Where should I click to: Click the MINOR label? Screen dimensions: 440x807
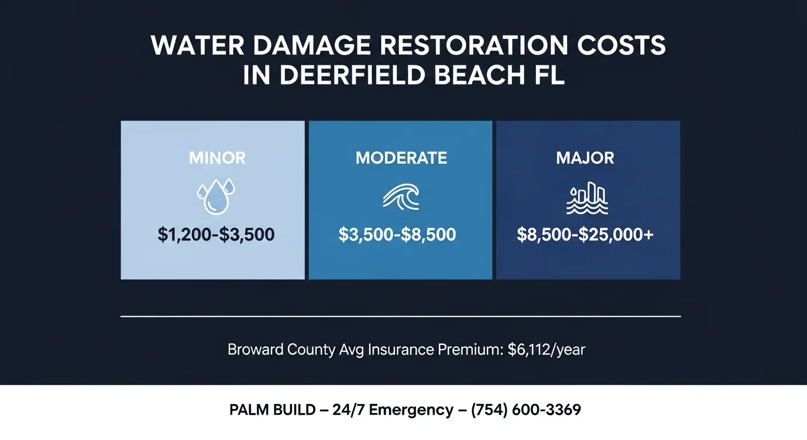[x=217, y=158]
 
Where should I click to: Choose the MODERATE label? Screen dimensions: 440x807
[x=401, y=158]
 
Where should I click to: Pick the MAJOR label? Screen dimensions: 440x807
[x=585, y=158]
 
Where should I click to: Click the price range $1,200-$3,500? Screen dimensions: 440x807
[x=216, y=234]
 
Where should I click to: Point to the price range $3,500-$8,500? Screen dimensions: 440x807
[x=397, y=234]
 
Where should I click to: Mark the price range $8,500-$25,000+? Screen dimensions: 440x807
[x=585, y=234]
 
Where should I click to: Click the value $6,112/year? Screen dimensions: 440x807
[x=546, y=349]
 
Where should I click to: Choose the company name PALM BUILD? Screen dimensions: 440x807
[x=272, y=410]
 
